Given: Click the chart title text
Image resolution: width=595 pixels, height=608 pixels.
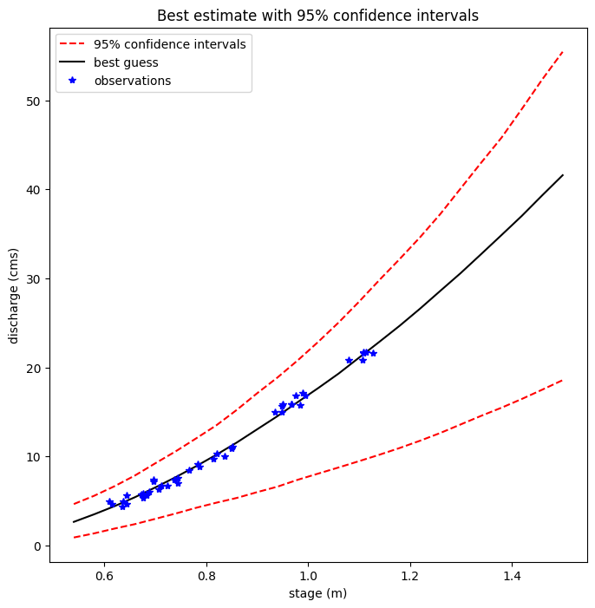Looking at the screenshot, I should pyautogui.click(x=317, y=16).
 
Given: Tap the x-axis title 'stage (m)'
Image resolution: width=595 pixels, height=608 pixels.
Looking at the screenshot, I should pyautogui.click(x=317, y=593).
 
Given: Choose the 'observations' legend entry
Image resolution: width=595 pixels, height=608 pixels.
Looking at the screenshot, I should pyautogui.click(x=132, y=81).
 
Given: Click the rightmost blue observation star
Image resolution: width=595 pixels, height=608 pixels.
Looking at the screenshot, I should pyautogui.click(x=373, y=353).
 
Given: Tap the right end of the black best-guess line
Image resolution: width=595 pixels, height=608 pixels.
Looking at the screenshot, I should pyautogui.click(x=563, y=175).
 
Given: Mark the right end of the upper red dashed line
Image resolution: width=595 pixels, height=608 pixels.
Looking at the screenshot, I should pyautogui.click(x=563, y=52).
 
